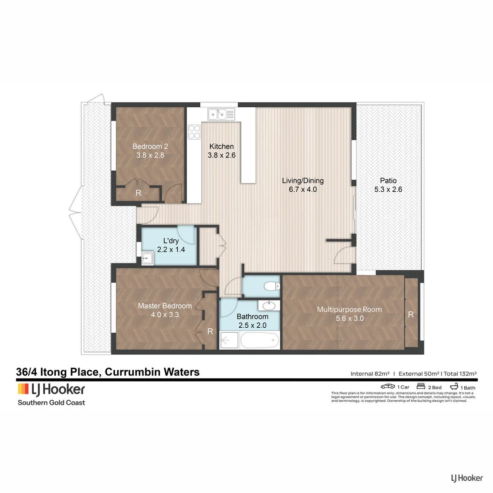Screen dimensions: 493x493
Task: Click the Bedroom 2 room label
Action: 150,147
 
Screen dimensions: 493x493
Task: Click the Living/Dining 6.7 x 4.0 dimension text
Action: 303,189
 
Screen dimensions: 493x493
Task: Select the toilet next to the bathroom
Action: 273,287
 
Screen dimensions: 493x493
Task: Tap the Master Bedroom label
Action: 165,306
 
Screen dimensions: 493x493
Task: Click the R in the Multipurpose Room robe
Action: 411,315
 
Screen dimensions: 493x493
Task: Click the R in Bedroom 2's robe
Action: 138,193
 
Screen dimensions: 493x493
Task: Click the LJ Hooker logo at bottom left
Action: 51,389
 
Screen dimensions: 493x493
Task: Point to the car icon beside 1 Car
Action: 388,386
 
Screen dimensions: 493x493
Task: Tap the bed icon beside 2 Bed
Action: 421,386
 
